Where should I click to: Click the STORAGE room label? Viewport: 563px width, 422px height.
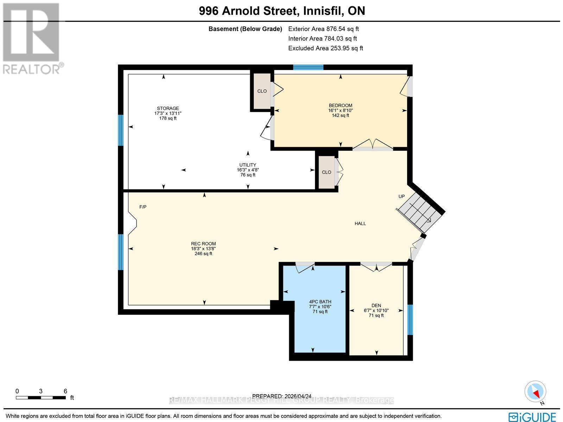pos(168,108)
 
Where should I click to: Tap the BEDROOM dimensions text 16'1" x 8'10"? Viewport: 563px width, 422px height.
pos(340,110)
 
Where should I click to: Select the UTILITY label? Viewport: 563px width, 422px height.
pos(248,165)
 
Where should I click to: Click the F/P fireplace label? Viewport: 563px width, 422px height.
pos(143,207)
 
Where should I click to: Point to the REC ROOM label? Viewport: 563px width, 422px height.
pos(203,244)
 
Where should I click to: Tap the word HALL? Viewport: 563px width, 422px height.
pos(360,223)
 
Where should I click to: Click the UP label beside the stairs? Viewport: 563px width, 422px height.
pos(401,196)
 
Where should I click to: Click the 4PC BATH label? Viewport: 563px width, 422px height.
pos(320,302)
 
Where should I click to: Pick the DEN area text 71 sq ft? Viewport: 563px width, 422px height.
pos(376,315)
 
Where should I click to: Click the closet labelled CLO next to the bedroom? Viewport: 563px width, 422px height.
pos(262,91)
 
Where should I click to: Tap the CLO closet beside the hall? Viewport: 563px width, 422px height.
pos(327,172)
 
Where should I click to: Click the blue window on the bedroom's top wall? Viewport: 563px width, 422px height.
pos(308,67)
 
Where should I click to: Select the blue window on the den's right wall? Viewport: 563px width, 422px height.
pos(410,319)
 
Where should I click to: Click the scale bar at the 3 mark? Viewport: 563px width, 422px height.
pos(41,397)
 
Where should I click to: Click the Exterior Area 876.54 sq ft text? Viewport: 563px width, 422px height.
pos(323,29)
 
